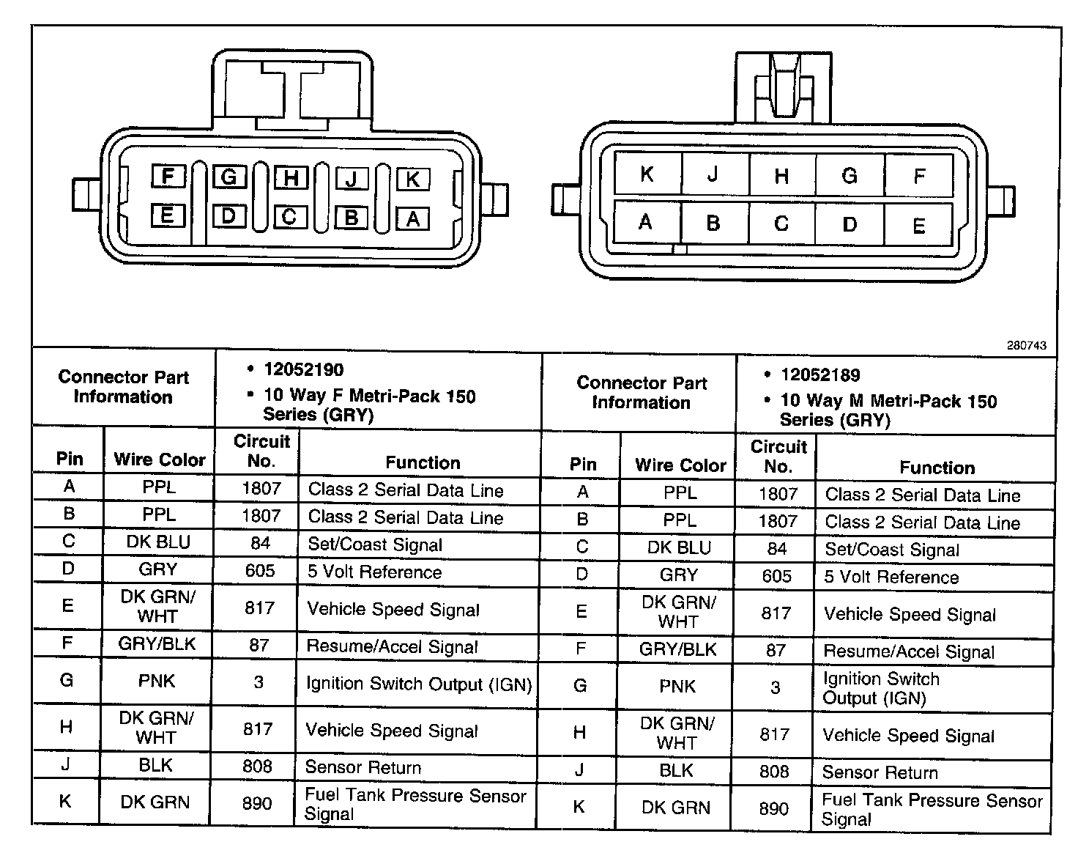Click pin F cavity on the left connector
[168, 176]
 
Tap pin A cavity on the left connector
[413, 218]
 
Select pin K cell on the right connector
[647, 174]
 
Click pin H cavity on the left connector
[291, 177]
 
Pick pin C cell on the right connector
[781, 224]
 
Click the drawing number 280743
[1026, 346]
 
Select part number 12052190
[304, 369]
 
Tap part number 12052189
[820, 375]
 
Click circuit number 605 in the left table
[260, 571]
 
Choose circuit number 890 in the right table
[774, 808]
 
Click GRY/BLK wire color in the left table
[157, 644]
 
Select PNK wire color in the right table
[677, 687]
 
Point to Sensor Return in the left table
[363, 767]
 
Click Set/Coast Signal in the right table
[892, 550]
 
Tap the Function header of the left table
[423, 462]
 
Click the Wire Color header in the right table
[680, 465]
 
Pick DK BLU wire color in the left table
[158, 542]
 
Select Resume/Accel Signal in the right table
[909, 651]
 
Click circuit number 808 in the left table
[257, 767]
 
